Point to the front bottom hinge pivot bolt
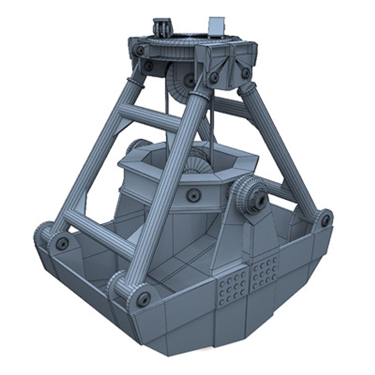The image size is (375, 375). click(143, 299)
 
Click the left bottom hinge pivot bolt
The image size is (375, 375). click(62, 243)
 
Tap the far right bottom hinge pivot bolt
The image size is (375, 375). click(325, 220)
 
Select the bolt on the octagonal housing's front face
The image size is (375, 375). click(193, 195)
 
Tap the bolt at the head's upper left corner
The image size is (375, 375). click(140, 51)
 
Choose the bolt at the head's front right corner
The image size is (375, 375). click(245, 73)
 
